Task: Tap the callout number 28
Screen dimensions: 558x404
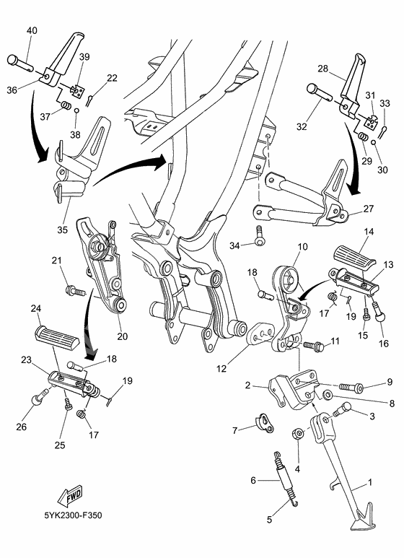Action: [x=322, y=69]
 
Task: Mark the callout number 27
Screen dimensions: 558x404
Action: [x=368, y=209]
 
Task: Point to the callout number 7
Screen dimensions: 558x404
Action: [x=234, y=430]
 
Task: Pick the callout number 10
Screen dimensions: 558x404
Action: [x=302, y=247]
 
